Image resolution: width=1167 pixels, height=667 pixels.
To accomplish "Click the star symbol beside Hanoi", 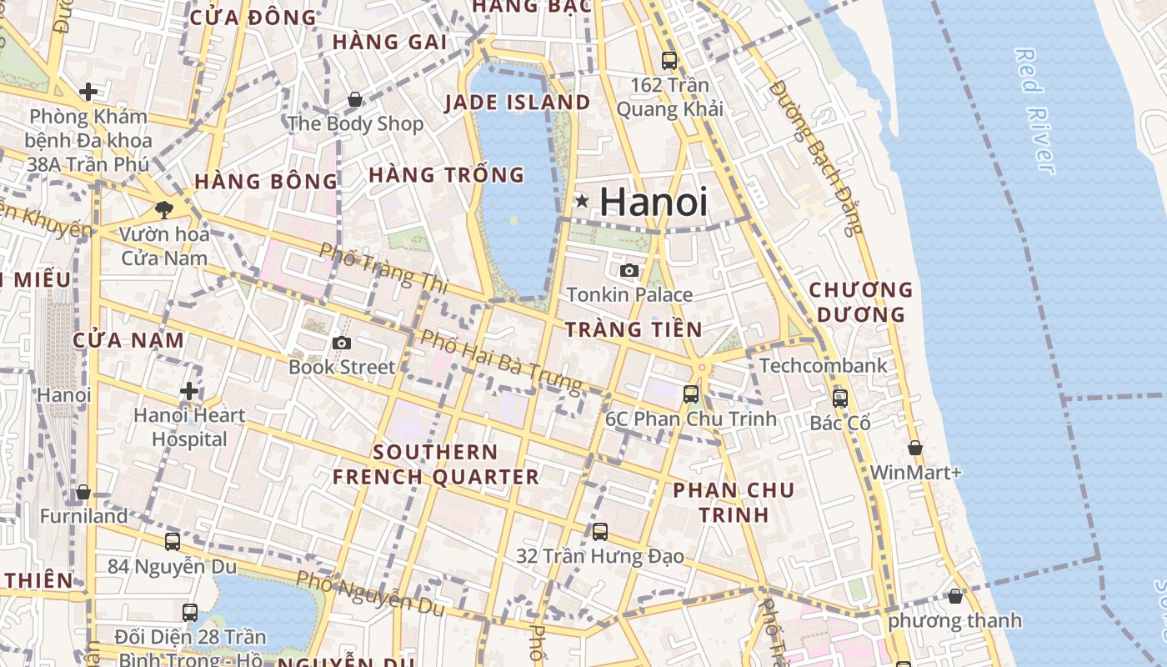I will (x=582, y=201).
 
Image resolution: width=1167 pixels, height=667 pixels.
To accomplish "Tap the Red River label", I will (x=1034, y=111).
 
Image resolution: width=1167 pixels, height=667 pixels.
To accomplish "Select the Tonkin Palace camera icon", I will (x=629, y=270).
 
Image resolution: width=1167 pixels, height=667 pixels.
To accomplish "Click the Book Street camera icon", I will (x=341, y=343).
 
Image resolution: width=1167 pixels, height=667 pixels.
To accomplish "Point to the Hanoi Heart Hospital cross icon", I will (x=189, y=391).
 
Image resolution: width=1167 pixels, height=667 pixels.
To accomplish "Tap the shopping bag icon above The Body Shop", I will (x=355, y=100).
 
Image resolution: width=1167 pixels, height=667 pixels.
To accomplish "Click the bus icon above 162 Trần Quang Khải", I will (x=669, y=60).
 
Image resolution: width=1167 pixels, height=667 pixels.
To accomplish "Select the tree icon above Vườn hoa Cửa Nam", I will (x=164, y=209).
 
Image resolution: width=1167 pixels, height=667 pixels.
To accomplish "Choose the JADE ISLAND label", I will (x=517, y=103).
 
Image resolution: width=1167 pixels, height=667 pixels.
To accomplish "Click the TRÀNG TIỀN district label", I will (x=634, y=329).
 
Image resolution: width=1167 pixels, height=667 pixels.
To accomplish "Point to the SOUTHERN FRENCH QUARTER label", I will (x=436, y=464).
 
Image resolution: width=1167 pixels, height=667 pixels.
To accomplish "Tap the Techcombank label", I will (x=823, y=365).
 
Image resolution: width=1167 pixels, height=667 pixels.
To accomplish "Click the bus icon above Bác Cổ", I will (x=840, y=398).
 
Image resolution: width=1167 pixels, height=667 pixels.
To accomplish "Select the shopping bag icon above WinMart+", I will (x=915, y=448).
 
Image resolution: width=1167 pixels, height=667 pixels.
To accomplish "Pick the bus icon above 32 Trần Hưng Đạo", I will (x=600, y=531).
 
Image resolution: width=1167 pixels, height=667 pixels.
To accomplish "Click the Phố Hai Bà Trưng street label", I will (x=500, y=361).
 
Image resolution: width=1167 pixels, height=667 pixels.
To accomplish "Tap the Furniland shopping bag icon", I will (x=83, y=492).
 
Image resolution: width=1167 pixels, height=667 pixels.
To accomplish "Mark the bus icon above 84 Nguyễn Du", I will (x=173, y=542).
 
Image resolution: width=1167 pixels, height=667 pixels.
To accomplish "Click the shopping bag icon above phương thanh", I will (x=955, y=596).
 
